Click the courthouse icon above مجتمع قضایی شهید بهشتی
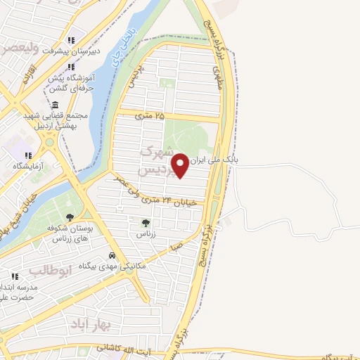[55, 104]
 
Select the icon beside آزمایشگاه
[27, 155]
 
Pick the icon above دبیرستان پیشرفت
[70, 41]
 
